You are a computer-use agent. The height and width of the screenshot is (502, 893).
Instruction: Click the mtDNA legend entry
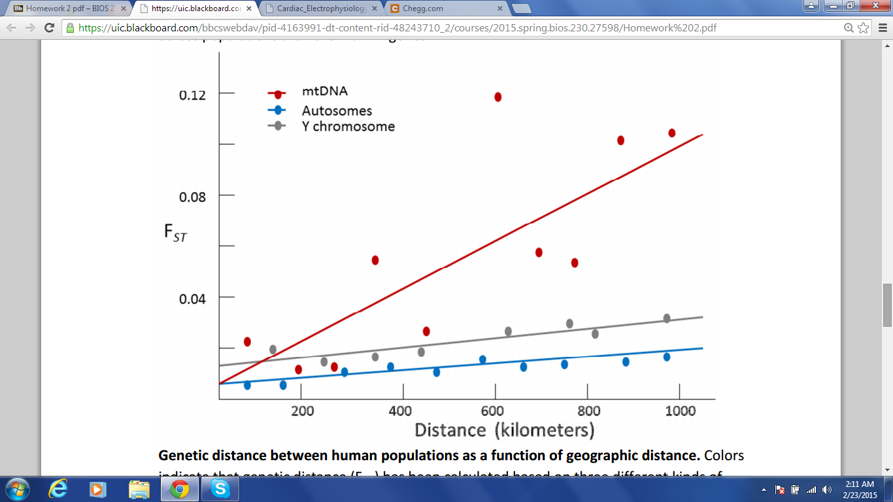324,92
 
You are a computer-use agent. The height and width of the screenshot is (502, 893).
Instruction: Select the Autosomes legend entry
337,110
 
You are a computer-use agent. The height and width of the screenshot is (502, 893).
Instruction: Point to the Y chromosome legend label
348,126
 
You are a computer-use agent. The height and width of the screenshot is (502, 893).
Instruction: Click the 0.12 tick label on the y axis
192,95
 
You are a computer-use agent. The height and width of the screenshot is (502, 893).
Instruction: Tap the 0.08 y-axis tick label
192,196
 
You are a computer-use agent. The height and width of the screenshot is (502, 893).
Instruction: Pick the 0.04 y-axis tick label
192,298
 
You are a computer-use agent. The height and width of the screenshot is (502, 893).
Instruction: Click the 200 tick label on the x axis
302,410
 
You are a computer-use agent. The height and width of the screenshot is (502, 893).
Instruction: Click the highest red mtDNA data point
497,97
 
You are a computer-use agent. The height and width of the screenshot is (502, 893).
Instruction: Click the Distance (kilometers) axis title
504,429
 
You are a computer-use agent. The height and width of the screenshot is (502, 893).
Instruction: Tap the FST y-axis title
175,233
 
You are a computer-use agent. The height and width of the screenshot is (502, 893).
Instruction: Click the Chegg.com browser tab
445,8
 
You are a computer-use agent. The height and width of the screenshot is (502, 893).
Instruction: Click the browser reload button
49,27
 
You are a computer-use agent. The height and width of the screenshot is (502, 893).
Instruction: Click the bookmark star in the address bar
864,27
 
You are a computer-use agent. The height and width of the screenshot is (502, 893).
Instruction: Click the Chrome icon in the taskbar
180,489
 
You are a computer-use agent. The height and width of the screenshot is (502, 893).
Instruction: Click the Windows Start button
16,489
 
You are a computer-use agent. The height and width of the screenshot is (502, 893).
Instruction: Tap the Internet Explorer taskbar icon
58,489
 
